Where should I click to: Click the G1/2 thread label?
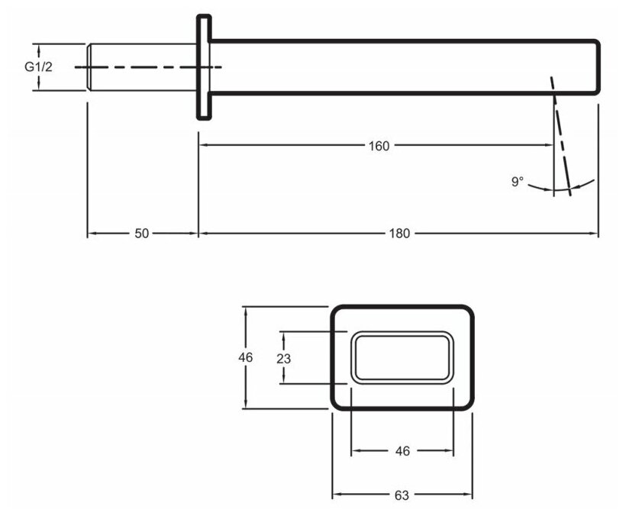click(x=38, y=67)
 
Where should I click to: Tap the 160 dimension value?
click(x=379, y=146)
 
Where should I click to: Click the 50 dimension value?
click(x=142, y=234)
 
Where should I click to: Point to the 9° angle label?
click(x=518, y=182)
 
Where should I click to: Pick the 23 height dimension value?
click(x=284, y=357)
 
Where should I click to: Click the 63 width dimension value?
click(x=402, y=495)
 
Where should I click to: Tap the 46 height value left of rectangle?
click(x=246, y=357)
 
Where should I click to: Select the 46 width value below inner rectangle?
click(x=402, y=451)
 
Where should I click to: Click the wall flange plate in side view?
click(x=203, y=67)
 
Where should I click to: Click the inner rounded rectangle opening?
click(x=402, y=357)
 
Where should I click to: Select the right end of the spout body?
click(x=598, y=67)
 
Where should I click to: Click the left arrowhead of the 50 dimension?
click(x=91, y=234)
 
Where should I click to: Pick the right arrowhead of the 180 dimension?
click(x=595, y=234)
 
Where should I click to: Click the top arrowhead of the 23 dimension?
click(x=284, y=334)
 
